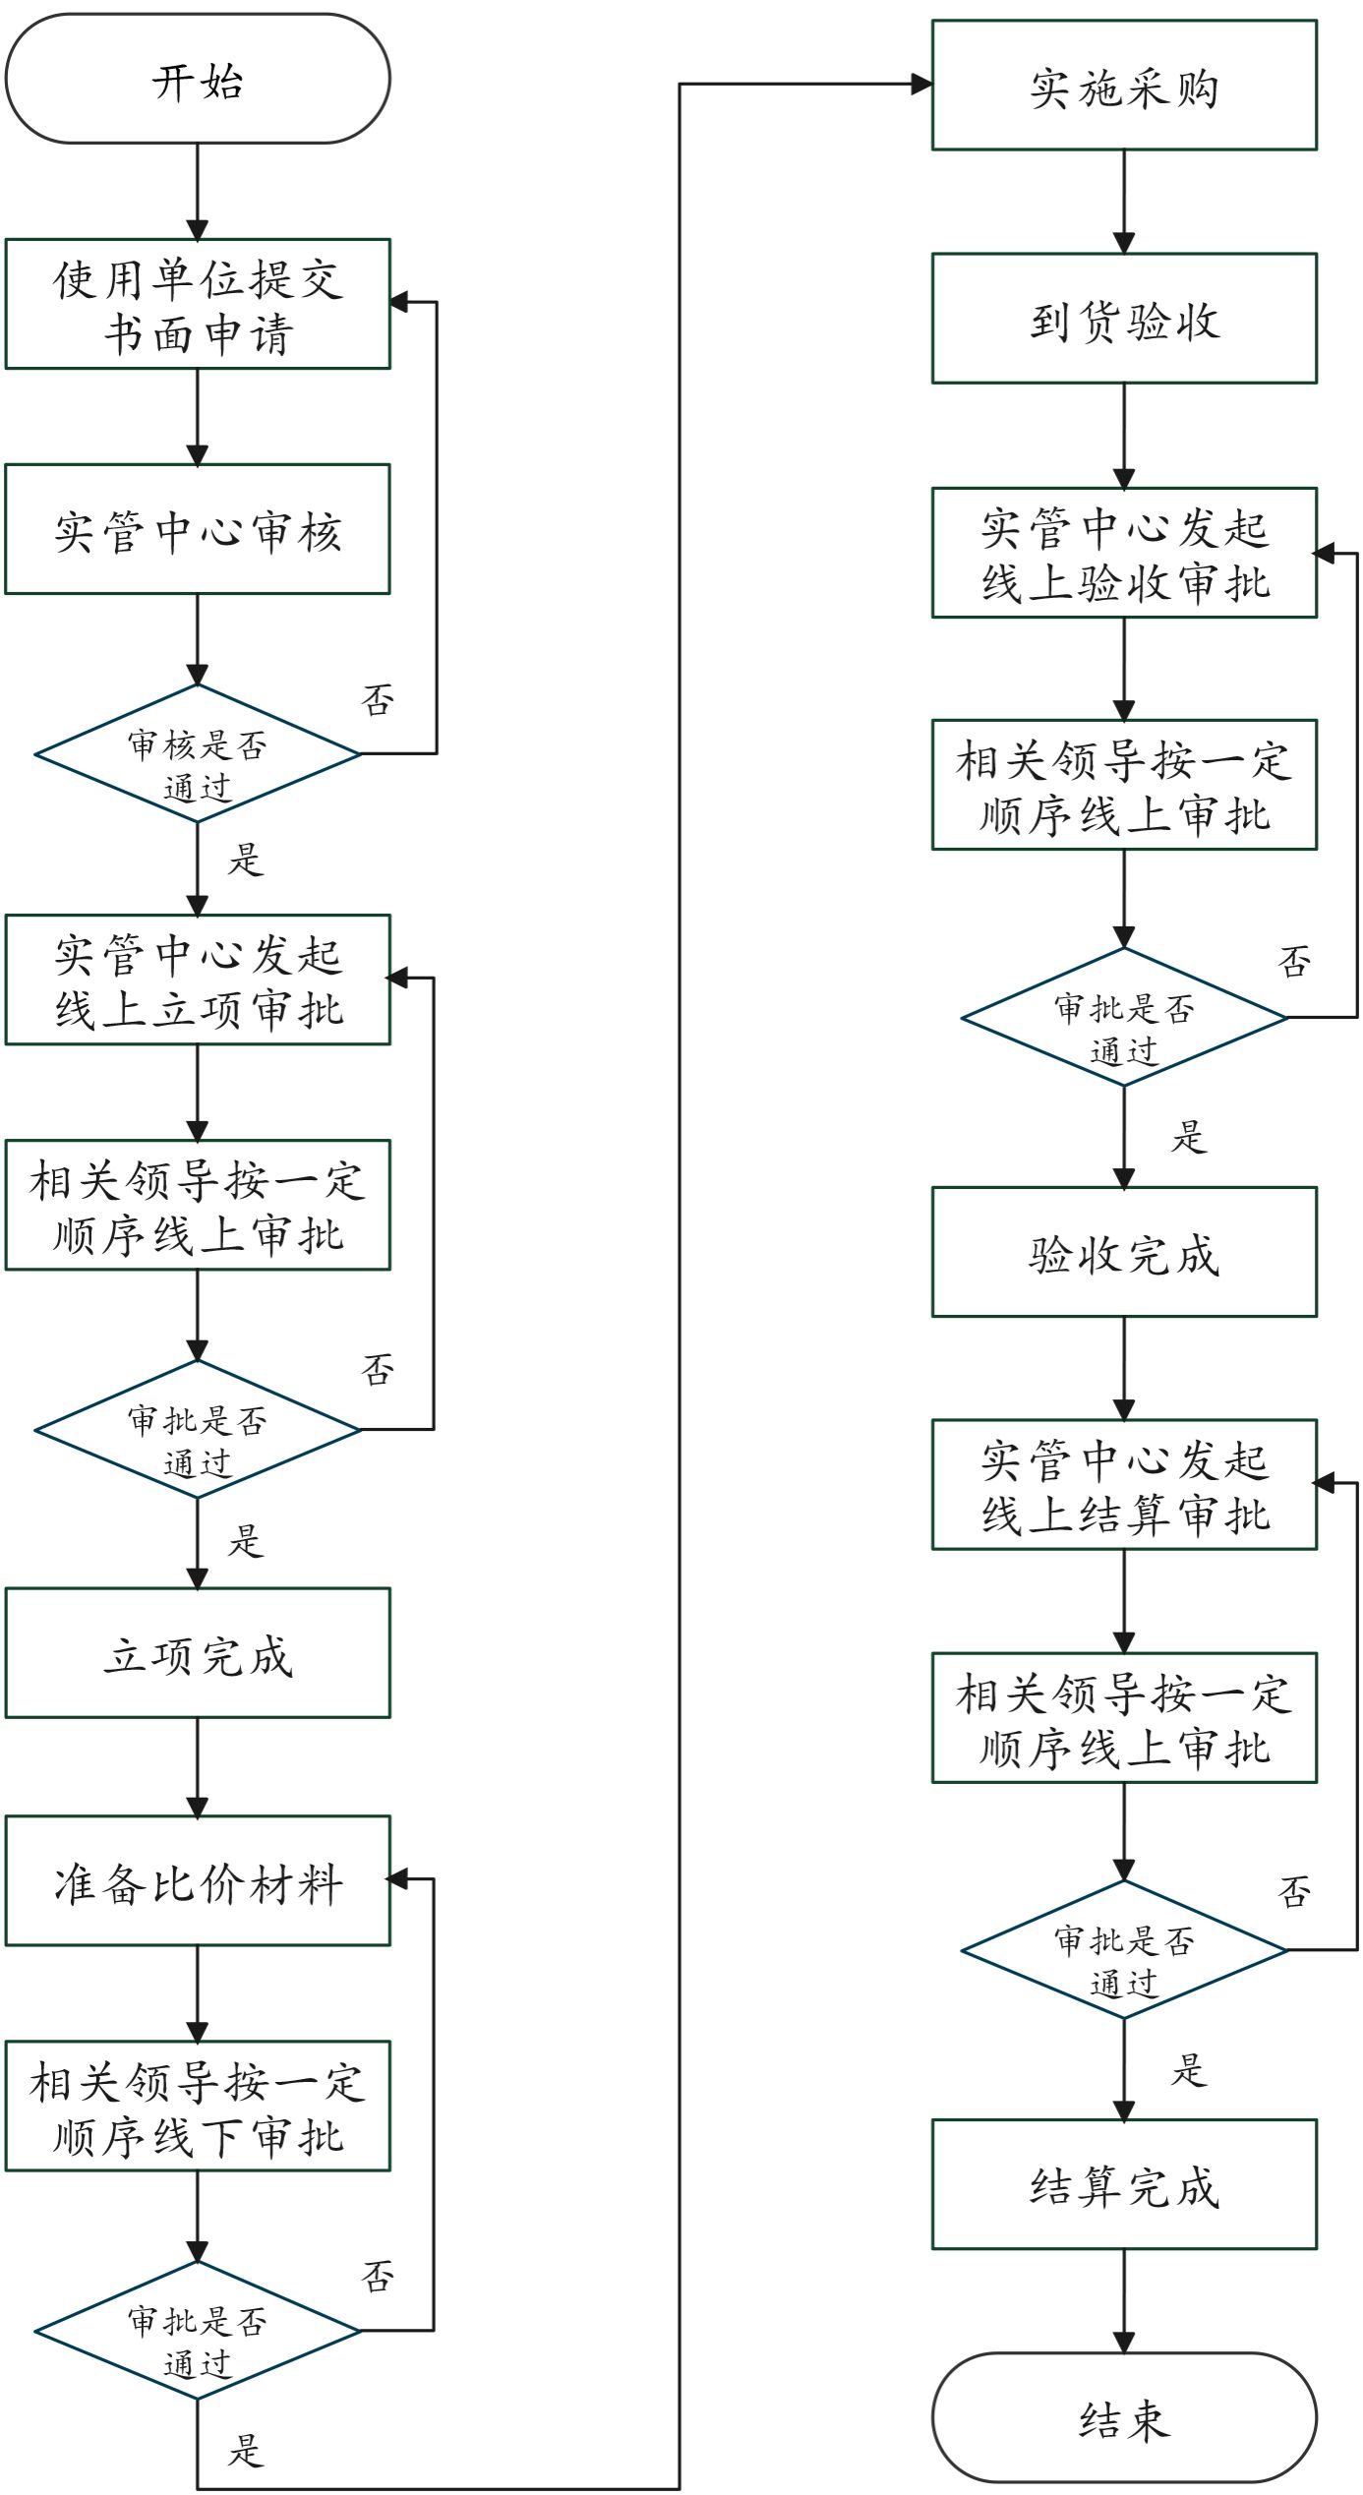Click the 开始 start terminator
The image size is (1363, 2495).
pyautogui.click(x=198, y=79)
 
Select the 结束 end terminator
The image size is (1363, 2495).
pyautogui.click(x=1124, y=2417)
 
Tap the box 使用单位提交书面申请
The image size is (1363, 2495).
pyautogui.click(x=198, y=304)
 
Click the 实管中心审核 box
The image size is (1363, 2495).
pyautogui.click(x=198, y=529)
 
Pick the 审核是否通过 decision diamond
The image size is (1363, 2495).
pyautogui.click(x=198, y=754)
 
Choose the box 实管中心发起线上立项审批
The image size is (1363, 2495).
pyautogui.click(x=198, y=980)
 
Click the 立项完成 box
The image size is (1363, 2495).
pyautogui.click(x=198, y=1654)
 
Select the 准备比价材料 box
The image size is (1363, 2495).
pyautogui.click(x=198, y=1880)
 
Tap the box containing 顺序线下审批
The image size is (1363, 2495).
pyautogui.click(x=198, y=2106)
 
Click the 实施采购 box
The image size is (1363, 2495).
pyautogui.click(x=1124, y=86)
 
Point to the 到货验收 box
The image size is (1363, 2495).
pyautogui.click(x=1124, y=319)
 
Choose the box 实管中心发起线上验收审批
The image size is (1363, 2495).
pyautogui.click(x=1124, y=553)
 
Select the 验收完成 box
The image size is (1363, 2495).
pyautogui.click(x=1124, y=1252)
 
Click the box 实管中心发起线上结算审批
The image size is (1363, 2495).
pyautogui.click(x=1124, y=1485)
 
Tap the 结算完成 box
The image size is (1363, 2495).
pyautogui.click(x=1124, y=2184)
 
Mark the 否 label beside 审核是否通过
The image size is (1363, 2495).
pyautogui.click(x=379, y=700)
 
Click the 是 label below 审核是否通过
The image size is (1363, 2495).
pyautogui.click(x=246, y=860)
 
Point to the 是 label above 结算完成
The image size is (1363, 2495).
pyautogui.click(x=1189, y=2070)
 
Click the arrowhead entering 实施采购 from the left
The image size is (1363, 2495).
pyautogui.click(x=921, y=85)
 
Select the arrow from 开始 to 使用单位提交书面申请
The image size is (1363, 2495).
pyautogui.click(x=198, y=191)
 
